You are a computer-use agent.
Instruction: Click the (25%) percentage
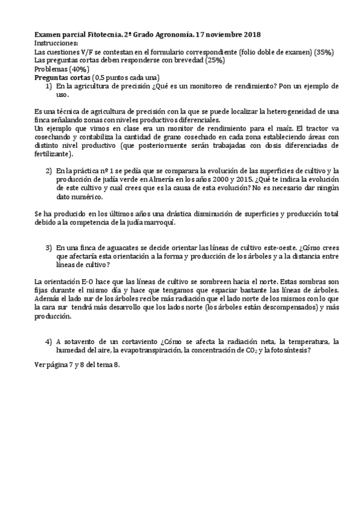(215, 61)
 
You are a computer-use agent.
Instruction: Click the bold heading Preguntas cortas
(63, 78)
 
